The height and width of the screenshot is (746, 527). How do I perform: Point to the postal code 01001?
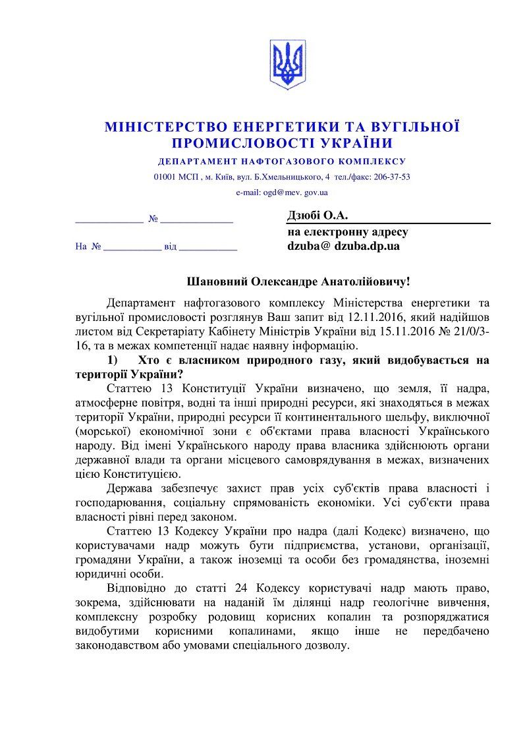point(164,177)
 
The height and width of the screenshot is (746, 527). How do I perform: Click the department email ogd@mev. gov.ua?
point(281,193)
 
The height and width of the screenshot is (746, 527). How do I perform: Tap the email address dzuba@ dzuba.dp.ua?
point(343,246)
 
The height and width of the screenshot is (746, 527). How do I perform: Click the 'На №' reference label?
point(87,247)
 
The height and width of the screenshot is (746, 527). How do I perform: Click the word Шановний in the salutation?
point(218,281)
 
